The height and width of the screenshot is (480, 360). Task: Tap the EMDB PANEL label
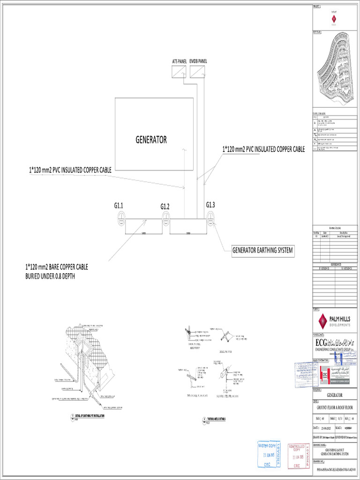[198, 61]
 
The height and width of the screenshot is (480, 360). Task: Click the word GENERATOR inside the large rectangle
[151, 140]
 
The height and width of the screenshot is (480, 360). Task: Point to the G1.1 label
[118, 205]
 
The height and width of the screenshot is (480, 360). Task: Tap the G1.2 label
[165, 206]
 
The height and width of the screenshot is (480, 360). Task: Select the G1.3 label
[210, 204]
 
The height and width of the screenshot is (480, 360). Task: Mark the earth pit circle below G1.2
[165, 216]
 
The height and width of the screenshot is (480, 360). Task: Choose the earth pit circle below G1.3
[210, 216]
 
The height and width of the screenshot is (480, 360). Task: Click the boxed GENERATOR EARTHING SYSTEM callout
[262, 250]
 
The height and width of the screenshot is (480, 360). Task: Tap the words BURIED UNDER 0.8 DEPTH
[50, 276]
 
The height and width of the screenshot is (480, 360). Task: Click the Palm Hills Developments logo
[334, 321]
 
